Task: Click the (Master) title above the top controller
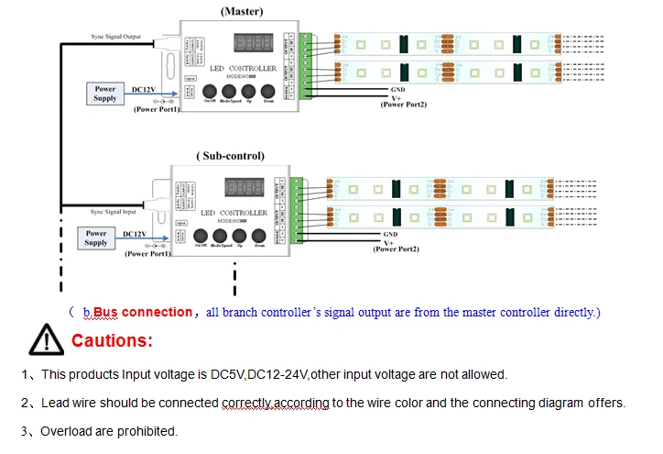click(x=242, y=11)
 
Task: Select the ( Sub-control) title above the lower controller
click(x=232, y=156)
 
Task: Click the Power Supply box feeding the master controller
click(x=105, y=94)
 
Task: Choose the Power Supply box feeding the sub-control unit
click(x=96, y=238)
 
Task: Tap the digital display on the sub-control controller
click(x=245, y=188)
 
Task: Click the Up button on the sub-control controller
click(x=241, y=236)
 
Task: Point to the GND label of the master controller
click(x=398, y=89)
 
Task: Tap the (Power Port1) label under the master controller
click(x=157, y=109)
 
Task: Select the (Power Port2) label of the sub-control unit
click(x=397, y=249)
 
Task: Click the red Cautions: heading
click(x=112, y=341)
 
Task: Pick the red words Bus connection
click(x=142, y=312)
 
